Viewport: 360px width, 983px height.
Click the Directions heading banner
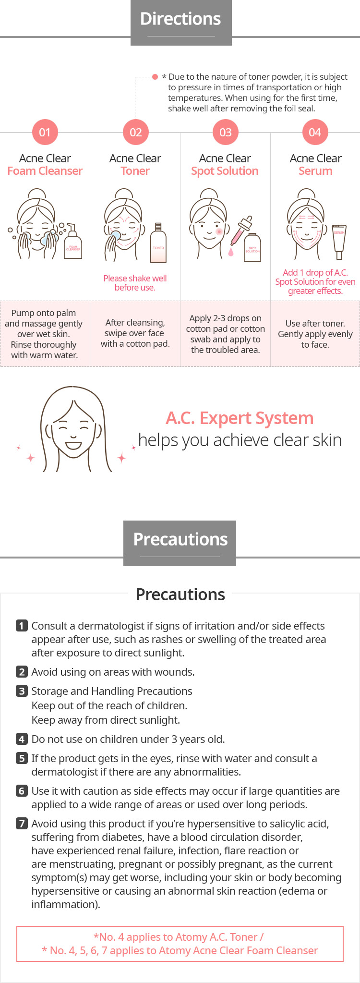point(181,23)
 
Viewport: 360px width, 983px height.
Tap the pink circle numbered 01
point(45,132)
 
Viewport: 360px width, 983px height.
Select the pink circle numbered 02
point(135,132)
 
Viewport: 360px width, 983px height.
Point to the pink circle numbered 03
point(226,132)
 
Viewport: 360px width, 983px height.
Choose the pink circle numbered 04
point(315,132)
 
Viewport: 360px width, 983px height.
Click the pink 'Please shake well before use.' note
point(135,283)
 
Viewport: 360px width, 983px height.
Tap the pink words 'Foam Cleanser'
point(45,171)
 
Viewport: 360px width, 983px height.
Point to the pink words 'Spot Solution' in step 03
point(225,171)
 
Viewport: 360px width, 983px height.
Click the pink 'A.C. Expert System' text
point(240,418)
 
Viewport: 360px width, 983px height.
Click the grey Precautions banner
point(180,543)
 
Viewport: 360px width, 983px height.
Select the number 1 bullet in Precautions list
point(22,625)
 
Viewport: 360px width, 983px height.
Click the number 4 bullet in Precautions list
point(22,739)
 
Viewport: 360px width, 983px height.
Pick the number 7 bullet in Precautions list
point(22,823)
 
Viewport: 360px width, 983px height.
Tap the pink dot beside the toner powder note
point(155,77)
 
